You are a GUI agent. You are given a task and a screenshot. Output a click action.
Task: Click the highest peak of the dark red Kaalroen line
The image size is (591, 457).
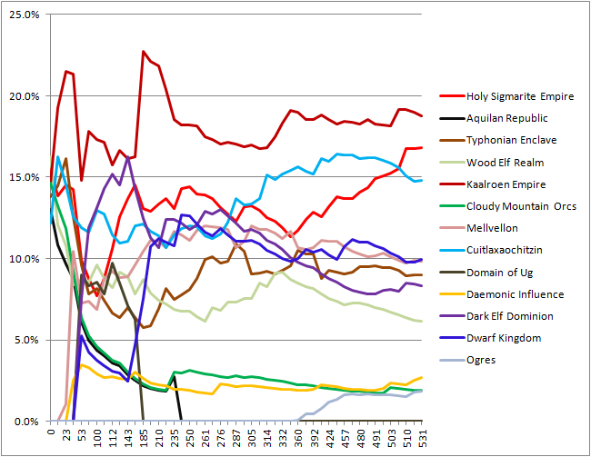pyautogui.click(x=144, y=52)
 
